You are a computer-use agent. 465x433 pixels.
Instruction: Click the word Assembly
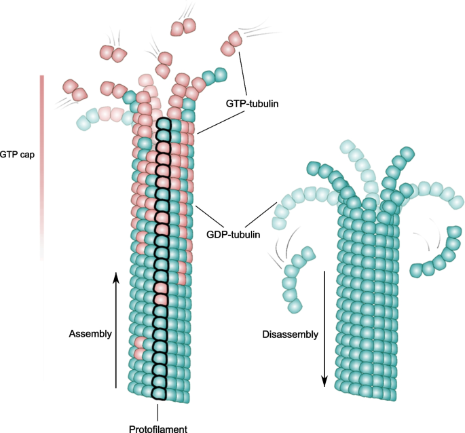(90, 334)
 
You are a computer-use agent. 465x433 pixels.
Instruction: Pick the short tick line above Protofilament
(157, 411)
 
